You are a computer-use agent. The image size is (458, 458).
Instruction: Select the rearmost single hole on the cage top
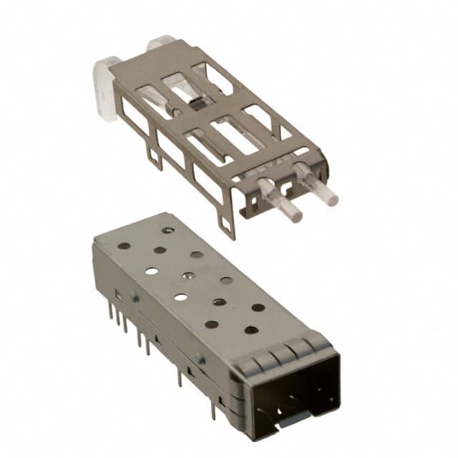(167, 230)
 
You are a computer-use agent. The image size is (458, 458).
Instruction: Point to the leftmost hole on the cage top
(124, 245)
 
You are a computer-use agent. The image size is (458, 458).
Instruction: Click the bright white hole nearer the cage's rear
(152, 271)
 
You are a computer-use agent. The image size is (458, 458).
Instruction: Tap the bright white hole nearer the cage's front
(181, 296)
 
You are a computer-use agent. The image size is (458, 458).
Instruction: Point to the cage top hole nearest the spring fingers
(251, 330)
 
